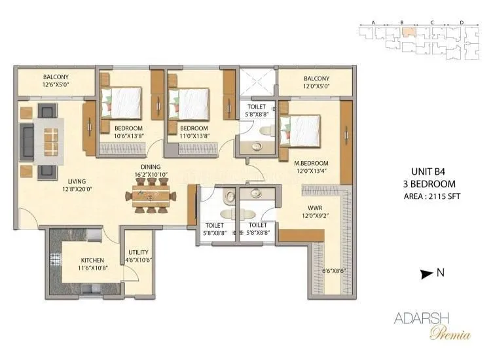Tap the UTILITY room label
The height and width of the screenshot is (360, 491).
point(138,252)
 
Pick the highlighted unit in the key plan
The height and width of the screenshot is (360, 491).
point(408,30)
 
